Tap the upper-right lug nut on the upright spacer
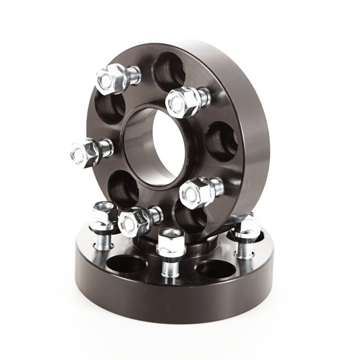(182, 101)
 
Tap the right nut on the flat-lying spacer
(247, 227)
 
